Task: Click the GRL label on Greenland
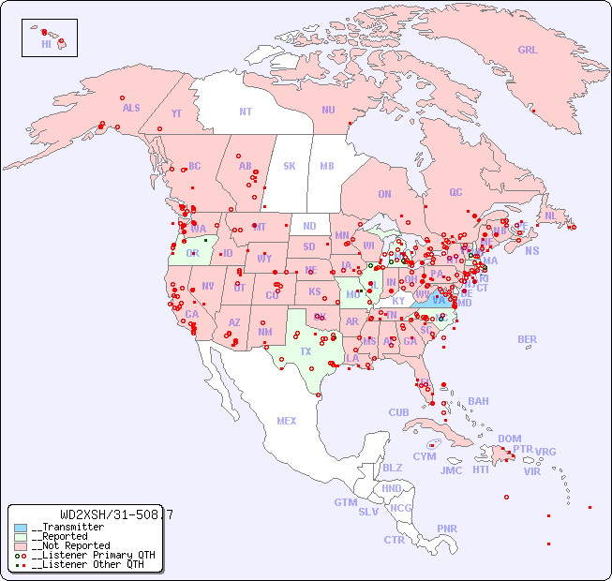pyautogui.click(x=528, y=51)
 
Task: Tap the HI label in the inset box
pyautogui.click(x=46, y=44)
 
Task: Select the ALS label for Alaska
pyautogui.click(x=131, y=108)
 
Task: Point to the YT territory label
pyautogui.click(x=176, y=113)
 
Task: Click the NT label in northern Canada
pyautogui.click(x=246, y=111)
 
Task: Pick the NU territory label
pyautogui.click(x=328, y=110)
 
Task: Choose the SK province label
pyautogui.click(x=290, y=166)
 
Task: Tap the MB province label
pyautogui.click(x=327, y=166)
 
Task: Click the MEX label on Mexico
pyautogui.click(x=287, y=421)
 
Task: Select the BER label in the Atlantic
pyautogui.click(x=528, y=339)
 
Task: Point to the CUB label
pyautogui.click(x=398, y=412)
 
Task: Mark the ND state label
pyautogui.click(x=309, y=226)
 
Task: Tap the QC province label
pyautogui.click(x=455, y=192)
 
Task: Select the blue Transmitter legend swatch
pyautogui.click(x=21, y=528)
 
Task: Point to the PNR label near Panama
pyautogui.click(x=447, y=529)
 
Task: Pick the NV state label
pyautogui.click(x=208, y=286)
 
